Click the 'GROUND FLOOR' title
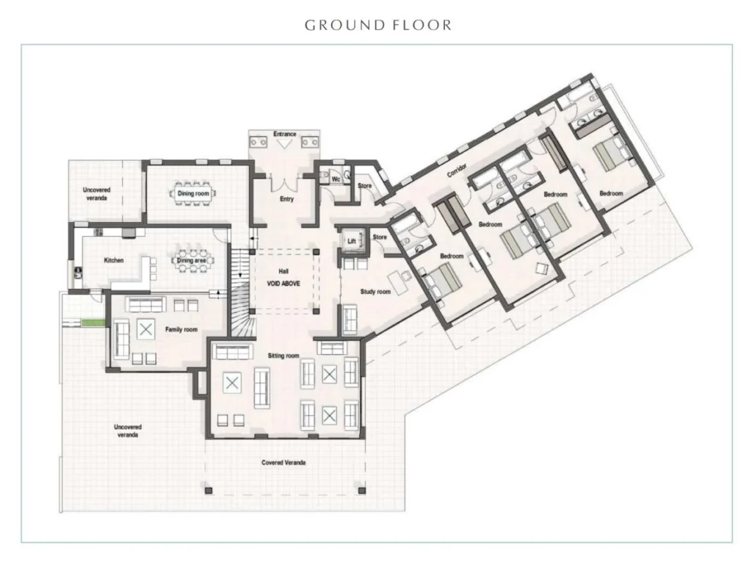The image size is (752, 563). coord(378,25)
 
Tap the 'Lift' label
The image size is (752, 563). coord(352,241)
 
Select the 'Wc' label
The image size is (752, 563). coord(336,179)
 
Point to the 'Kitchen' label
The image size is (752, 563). coord(114,260)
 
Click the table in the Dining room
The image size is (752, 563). coord(193,193)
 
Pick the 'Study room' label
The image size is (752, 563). coord(375,291)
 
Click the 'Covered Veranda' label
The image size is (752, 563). coord(283,463)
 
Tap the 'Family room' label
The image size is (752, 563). coord(181,329)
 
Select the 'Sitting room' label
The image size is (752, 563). coord(283,356)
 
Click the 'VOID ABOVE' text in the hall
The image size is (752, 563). coord(283,284)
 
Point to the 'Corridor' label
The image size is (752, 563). coord(457,170)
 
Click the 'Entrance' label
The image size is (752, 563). coord(284,134)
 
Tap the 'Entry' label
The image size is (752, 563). coord(287,198)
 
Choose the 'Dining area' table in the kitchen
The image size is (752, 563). coord(192,260)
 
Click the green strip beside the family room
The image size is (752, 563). coord(93,323)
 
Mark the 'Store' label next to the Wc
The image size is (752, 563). coord(364,186)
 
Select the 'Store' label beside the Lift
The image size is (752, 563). coord(380,237)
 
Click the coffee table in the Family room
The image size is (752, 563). coord(146,329)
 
